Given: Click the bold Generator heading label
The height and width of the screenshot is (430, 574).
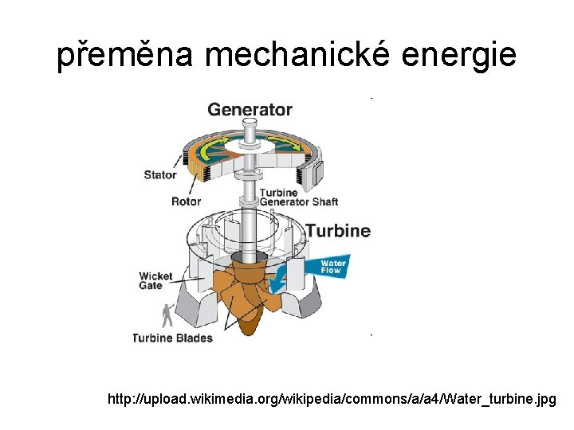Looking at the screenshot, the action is click(250, 110).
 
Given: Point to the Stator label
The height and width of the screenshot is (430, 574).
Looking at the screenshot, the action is click(159, 175).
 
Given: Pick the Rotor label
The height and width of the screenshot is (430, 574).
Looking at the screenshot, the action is click(186, 201).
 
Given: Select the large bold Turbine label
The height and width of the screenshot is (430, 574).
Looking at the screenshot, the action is click(338, 231).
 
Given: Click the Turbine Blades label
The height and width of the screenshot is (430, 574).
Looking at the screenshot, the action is click(172, 338).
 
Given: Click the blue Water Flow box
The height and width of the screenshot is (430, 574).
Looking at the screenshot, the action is click(333, 267).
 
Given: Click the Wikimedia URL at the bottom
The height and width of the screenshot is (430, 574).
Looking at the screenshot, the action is click(332, 398).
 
